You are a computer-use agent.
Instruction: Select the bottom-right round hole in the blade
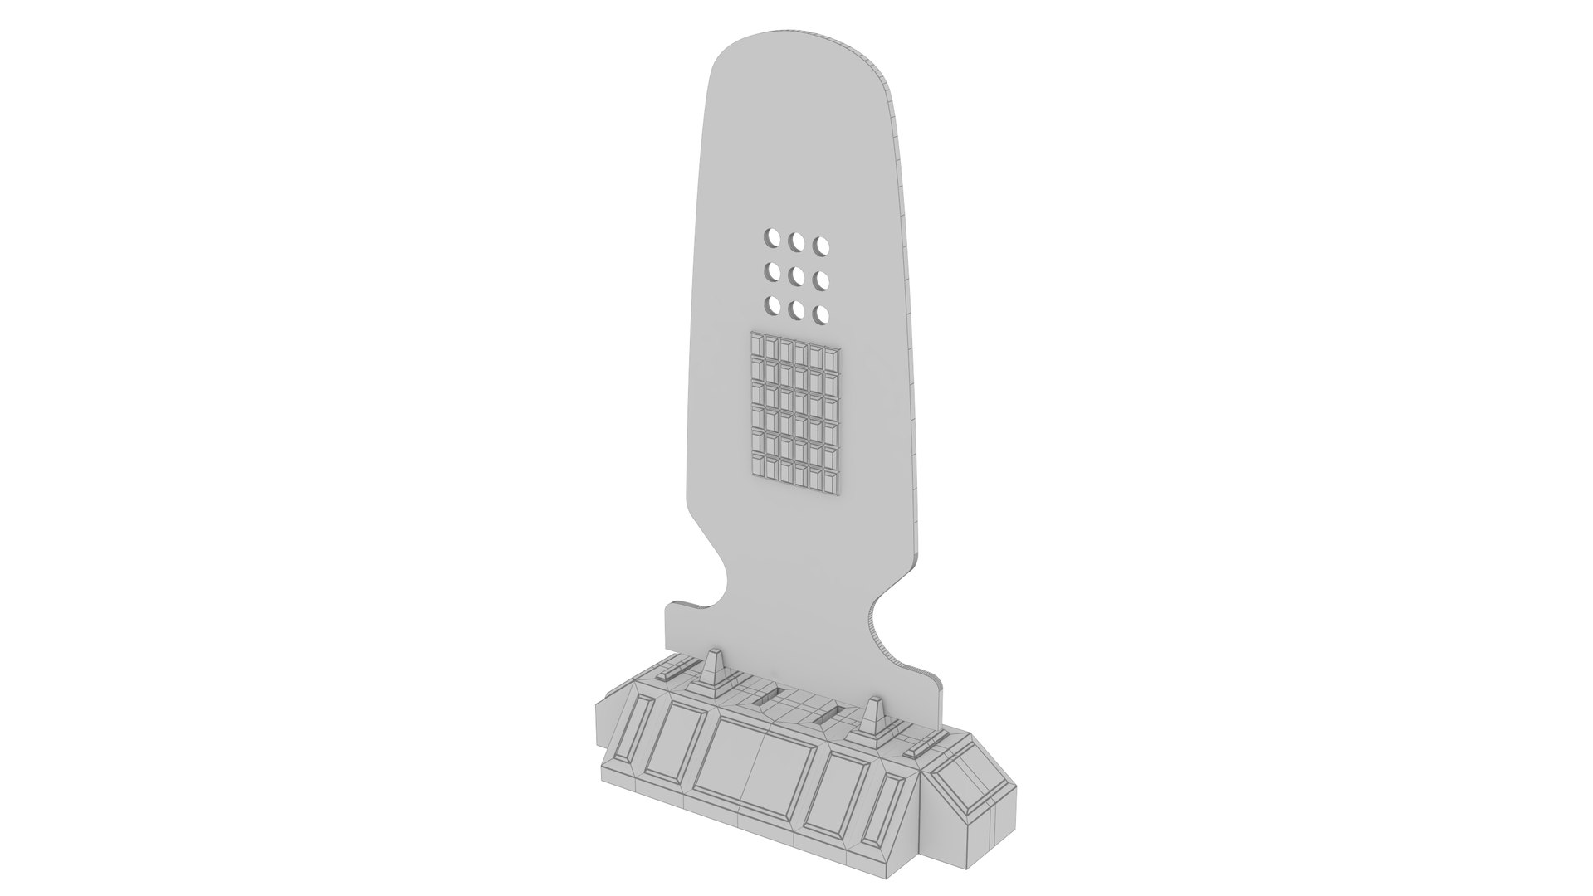click(x=823, y=315)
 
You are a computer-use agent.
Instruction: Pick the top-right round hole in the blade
click(x=823, y=246)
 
